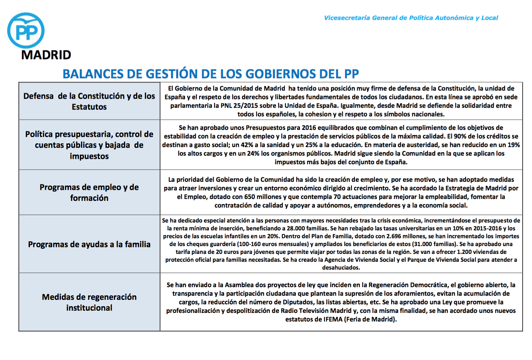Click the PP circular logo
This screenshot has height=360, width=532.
[26, 31]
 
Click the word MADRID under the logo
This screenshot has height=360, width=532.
[46, 55]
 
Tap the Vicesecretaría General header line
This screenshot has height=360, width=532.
[411, 18]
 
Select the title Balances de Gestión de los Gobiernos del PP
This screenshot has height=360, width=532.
[210, 74]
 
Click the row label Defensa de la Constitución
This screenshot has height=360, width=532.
[89, 101]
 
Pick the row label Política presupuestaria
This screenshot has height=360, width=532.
[89, 145]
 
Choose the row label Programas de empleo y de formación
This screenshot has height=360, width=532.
[89, 192]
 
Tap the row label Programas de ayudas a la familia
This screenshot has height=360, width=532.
[89, 244]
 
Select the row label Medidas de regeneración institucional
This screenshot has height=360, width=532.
[89, 302]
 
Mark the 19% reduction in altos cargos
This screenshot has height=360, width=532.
[513, 145]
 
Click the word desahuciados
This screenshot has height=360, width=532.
[341, 267]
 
